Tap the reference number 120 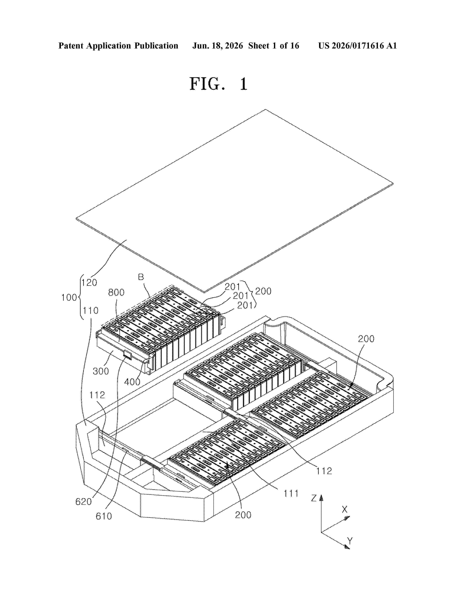click(89, 282)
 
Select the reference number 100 click(69, 297)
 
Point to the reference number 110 click(91, 310)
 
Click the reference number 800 click(116, 293)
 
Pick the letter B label click(141, 277)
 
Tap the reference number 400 click(132, 382)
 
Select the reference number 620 click(84, 502)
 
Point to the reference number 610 click(104, 516)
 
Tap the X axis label click(345, 509)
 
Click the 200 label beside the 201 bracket click(263, 291)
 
